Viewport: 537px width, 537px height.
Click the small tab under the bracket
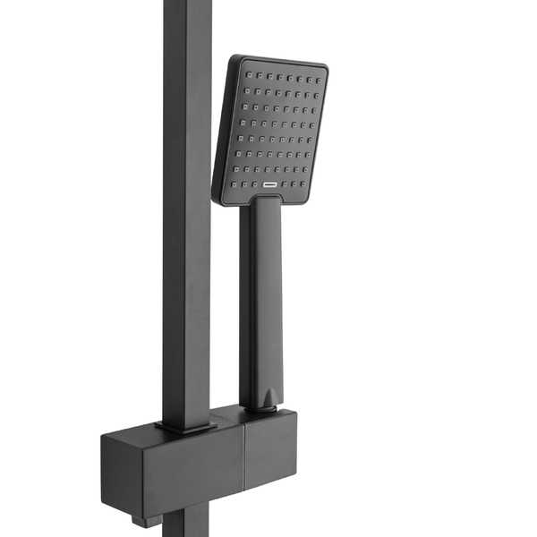click(x=138, y=518)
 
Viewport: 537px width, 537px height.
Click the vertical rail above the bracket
click(x=186, y=224)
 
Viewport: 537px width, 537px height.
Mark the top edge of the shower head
click(x=282, y=60)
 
